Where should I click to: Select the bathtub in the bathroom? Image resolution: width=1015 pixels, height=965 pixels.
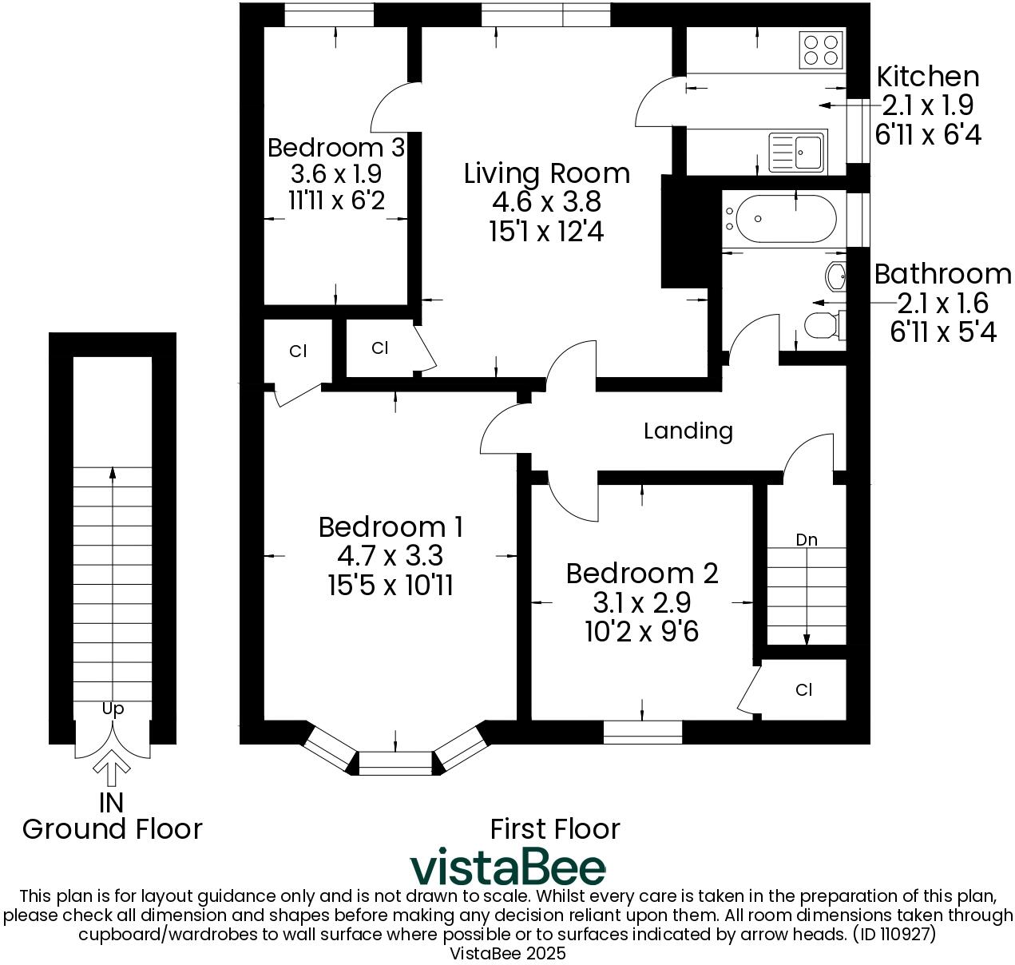[x=786, y=218]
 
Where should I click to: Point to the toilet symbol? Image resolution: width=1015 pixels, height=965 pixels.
[x=821, y=326]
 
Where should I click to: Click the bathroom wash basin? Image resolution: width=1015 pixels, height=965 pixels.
[x=836, y=276]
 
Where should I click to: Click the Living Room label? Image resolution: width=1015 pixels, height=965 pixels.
[x=546, y=173]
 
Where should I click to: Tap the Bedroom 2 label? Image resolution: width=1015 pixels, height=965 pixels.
[x=642, y=574]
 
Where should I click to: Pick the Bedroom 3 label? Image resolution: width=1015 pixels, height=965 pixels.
[x=335, y=148]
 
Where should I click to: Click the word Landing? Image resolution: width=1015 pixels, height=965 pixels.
[x=688, y=431]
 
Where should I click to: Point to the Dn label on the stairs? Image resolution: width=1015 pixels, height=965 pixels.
[x=807, y=540]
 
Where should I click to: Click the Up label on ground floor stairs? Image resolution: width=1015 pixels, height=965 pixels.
[x=113, y=709]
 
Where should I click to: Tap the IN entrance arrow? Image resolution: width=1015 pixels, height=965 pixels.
[x=112, y=772]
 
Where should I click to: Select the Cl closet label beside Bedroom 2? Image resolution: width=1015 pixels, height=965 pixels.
[x=803, y=689]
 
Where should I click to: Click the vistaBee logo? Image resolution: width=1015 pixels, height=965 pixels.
[x=508, y=868]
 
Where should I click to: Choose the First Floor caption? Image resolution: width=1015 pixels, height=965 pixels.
[x=554, y=829]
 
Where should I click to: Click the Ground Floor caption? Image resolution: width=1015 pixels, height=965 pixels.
[x=112, y=829]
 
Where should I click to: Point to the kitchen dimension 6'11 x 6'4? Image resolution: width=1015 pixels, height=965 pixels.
[x=927, y=134]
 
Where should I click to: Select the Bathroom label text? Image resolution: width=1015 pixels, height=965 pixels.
[x=942, y=274]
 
